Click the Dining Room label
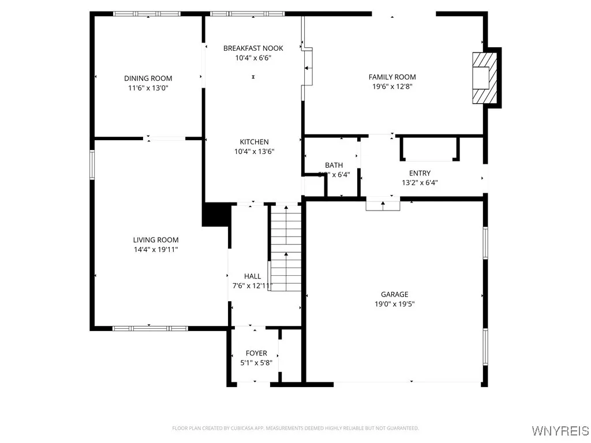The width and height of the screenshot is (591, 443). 148,78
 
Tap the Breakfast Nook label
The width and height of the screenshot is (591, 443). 253,48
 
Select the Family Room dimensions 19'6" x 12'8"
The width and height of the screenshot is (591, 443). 392,87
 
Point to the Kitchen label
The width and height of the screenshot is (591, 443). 254,142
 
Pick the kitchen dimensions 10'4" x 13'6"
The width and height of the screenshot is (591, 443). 254,152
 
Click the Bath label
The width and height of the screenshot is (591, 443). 334,166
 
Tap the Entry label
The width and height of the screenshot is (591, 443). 420,173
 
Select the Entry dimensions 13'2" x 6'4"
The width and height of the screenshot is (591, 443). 420,183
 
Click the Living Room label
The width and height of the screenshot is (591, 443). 156,240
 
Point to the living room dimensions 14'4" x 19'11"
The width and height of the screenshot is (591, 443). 156,250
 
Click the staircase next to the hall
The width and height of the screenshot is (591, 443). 286,248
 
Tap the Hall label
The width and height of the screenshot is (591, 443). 252,276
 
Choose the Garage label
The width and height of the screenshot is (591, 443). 394,294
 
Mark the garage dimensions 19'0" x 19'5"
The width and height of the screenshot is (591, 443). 394,304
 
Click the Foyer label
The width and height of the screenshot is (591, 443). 256,353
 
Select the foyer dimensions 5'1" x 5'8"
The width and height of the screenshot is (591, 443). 256,363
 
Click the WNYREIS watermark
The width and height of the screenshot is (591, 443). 559,431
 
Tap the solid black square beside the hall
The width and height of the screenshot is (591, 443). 216,215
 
